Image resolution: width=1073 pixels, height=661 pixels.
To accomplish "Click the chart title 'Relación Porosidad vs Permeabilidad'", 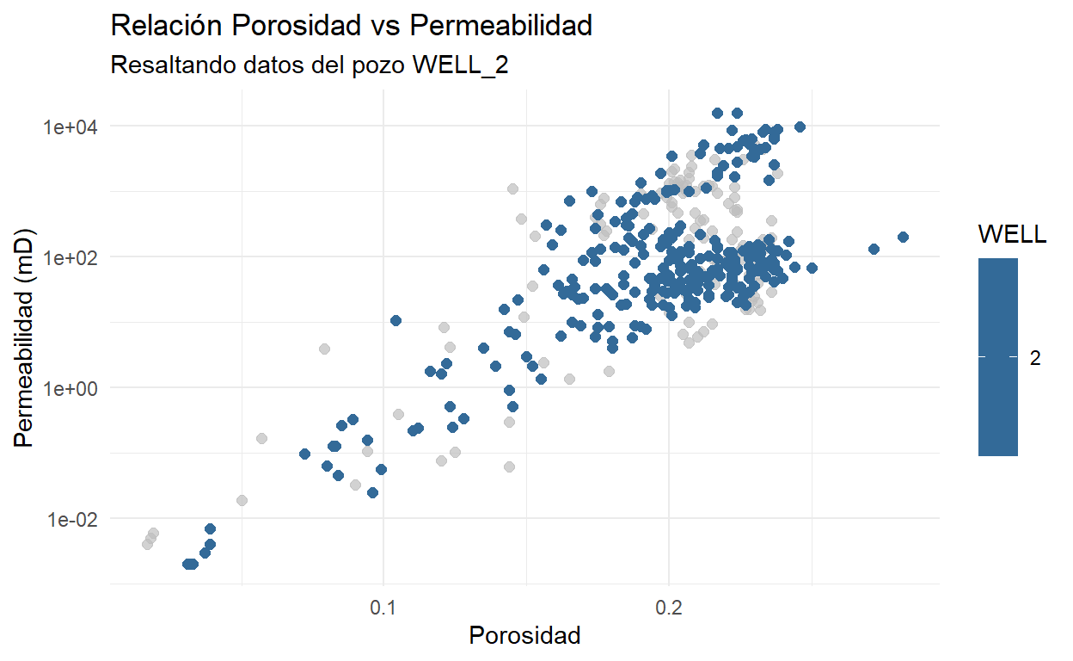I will [352, 26].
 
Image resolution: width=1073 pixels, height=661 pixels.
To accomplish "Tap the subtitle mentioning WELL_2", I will [310, 66].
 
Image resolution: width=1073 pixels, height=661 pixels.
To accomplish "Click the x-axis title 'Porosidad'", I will [524, 636].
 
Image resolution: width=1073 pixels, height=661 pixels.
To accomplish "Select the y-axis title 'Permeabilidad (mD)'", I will [28, 337].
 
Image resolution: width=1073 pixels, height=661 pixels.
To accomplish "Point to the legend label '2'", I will [1035, 358].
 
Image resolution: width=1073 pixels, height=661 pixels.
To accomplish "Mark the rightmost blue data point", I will [903, 237].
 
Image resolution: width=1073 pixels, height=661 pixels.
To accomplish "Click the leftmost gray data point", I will [147, 544].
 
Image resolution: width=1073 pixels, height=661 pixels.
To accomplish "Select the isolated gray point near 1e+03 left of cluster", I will [512, 188].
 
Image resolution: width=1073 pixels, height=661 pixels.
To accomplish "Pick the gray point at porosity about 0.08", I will [324, 349].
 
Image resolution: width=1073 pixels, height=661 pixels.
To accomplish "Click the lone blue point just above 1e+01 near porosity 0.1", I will [395, 320].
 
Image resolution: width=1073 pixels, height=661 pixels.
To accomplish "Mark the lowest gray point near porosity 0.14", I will [509, 466].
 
